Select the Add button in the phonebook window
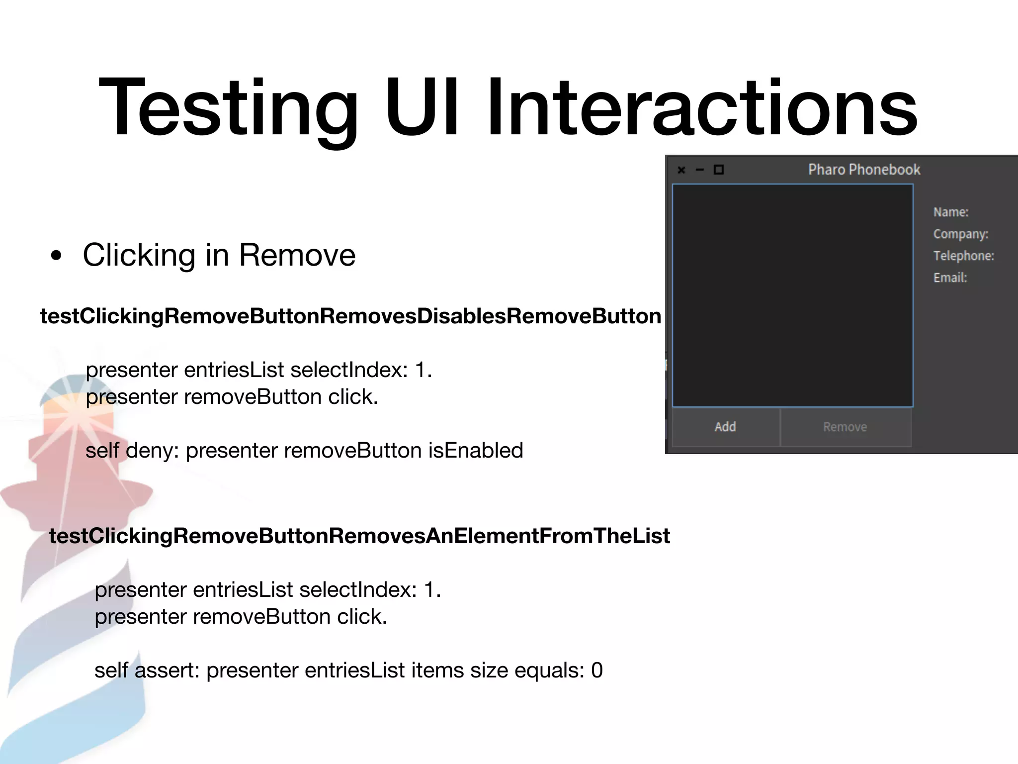tap(725, 427)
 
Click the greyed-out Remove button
tap(845, 427)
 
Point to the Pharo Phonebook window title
tap(864, 170)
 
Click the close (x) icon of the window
tap(681, 170)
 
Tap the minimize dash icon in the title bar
tap(700, 170)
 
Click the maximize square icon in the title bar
tap(719, 170)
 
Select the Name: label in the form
tap(951, 212)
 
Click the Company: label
tap(961, 234)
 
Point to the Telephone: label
tap(964, 256)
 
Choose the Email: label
tap(950, 278)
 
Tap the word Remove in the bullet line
tap(297, 255)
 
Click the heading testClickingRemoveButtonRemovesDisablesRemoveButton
tap(350, 316)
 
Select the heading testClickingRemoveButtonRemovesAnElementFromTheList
tap(359, 536)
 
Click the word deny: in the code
tap(152, 451)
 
